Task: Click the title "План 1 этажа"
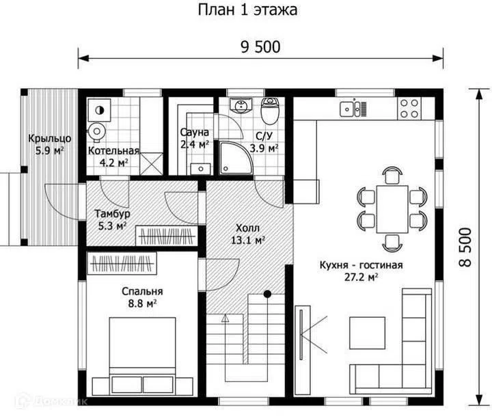click(x=247, y=10)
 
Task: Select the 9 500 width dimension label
click(x=260, y=47)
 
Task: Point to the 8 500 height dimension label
click(x=465, y=247)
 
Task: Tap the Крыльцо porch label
click(x=50, y=138)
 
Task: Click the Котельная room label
click(x=113, y=150)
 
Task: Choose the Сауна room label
click(x=195, y=133)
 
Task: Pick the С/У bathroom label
click(x=264, y=136)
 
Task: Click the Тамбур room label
click(x=112, y=214)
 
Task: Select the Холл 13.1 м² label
click(x=248, y=234)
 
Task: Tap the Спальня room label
click(x=142, y=292)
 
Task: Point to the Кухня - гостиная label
click(x=361, y=265)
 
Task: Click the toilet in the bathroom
click(x=270, y=111)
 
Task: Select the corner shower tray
click(x=236, y=158)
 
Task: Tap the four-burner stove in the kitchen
click(x=409, y=109)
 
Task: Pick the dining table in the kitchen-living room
click(x=392, y=209)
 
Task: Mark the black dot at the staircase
click(x=267, y=294)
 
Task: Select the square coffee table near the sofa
click(x=368, y=333)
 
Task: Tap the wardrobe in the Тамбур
click(x=166, y=236)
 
